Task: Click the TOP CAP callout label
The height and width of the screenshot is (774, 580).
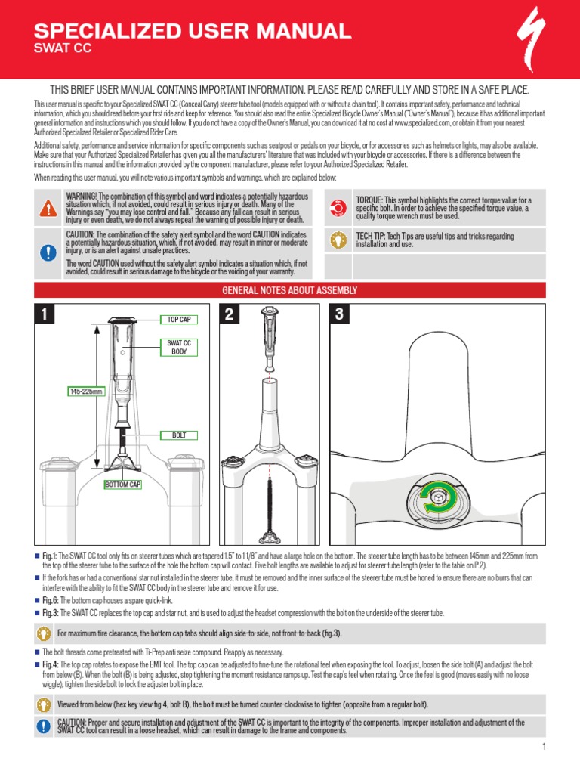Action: coord(178,320)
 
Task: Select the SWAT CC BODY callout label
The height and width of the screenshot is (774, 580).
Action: coord(178,347)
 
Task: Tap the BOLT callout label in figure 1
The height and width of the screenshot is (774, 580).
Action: coord(178,435)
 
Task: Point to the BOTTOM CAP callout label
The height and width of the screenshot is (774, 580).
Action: coord(123,484)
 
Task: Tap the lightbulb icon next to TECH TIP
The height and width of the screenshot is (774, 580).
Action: coord(338,240)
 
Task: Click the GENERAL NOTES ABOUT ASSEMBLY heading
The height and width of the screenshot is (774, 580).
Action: coord(290,291)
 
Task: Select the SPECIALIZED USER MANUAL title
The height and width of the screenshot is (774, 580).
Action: coord(193,31)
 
